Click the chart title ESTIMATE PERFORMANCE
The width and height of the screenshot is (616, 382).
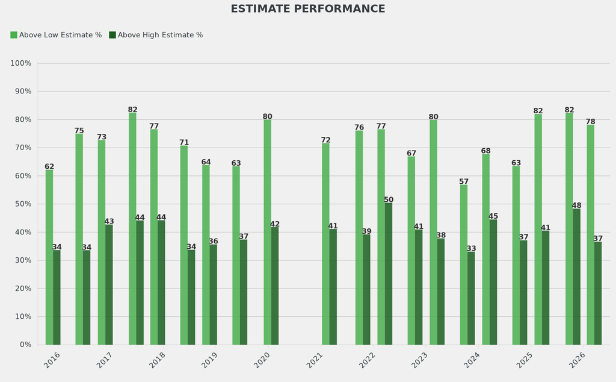[308, 9]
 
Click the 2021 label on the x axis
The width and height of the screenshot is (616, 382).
[315, 360]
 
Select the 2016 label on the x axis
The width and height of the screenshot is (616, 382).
[52, 360]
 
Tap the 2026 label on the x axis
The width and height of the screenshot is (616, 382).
[577, 360]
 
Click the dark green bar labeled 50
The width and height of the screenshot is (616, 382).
[389, 274]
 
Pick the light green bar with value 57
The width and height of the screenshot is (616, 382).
[464, 265]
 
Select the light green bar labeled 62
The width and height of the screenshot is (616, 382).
[49, 257]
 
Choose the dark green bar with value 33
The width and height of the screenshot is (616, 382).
[471, 298]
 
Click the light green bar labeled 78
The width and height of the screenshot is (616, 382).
[591, 235]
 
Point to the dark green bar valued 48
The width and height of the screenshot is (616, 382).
[576, 277]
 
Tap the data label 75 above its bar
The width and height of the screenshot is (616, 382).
[79, 131]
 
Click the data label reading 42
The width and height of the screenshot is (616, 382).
[275, 224]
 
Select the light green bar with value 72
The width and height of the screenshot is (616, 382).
[325, 243]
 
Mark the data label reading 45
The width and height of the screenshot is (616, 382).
[493, 216]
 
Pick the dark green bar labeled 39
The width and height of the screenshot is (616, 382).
[366, 290]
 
